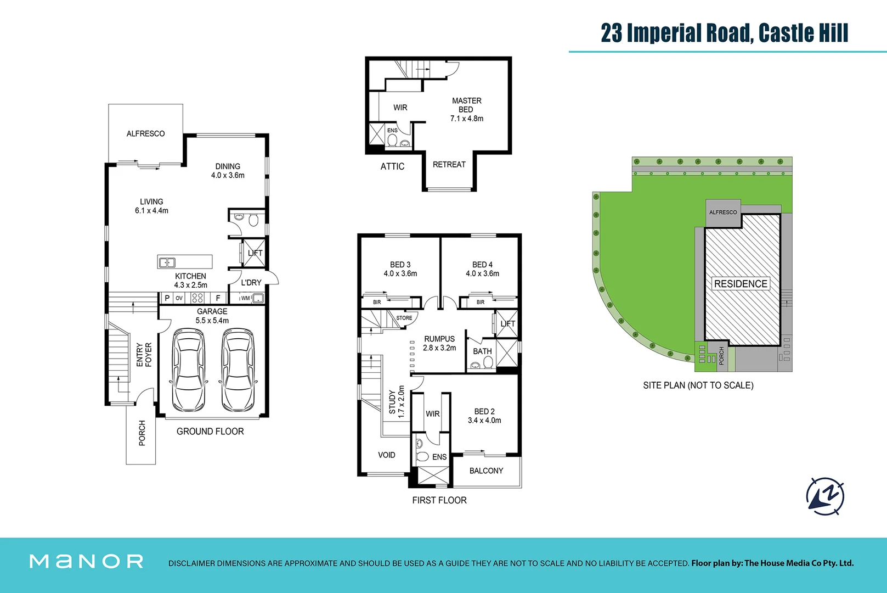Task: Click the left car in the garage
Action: point(189,370)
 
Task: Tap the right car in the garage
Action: point(238,370)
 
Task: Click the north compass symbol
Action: point(825,496)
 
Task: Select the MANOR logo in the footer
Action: point(87,561)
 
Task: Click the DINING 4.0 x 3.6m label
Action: point(228,171)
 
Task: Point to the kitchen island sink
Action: point(167,262)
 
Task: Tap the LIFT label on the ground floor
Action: point(255,253)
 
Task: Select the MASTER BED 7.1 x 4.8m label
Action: point(467,109)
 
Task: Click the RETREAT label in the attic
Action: point(449,164)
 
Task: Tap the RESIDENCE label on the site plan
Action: point(741,284)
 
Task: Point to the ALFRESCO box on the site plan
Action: point(723,212)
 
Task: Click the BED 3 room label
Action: point(400,269)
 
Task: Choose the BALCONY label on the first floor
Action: point(486,471)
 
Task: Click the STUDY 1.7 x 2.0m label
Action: point(397,401)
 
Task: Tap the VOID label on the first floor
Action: point(386,455)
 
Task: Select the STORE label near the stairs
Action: point(404,318)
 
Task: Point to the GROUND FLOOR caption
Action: point(210,432)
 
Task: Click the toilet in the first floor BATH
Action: point(488,362)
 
